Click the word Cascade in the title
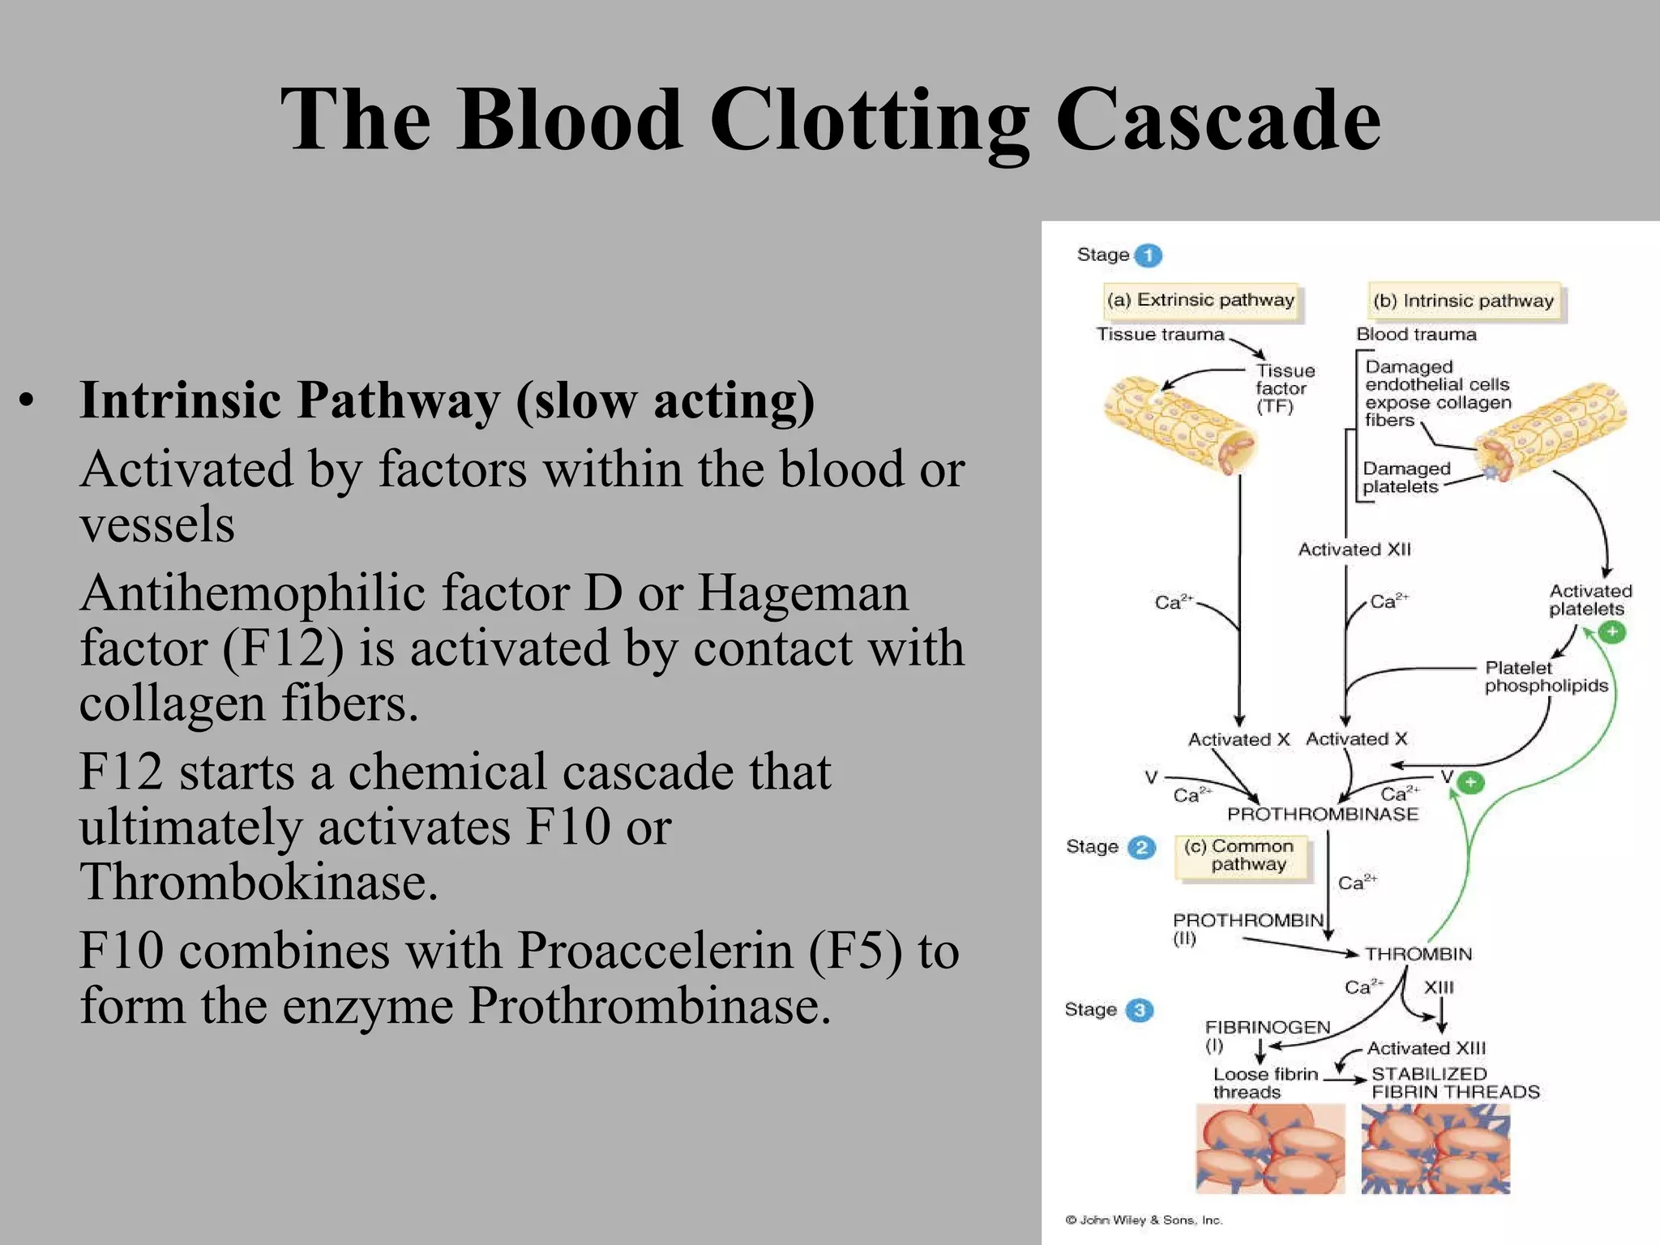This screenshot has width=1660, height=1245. (1217, 120)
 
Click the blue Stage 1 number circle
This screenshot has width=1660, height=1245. (1148, 255)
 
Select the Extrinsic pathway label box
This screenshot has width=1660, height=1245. (1201, 301)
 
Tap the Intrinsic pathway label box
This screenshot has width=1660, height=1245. (1464, 302)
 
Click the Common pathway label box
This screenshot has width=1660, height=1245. (1241, 856)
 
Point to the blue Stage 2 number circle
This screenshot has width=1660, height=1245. (1141, 848)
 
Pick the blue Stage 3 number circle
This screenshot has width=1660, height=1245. (1140, 1010)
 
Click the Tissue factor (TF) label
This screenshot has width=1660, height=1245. (1284, 388)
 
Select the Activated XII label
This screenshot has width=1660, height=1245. (1354, 550)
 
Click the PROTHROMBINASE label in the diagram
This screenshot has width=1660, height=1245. (1323, 814)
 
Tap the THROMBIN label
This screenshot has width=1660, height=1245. (1418, 954)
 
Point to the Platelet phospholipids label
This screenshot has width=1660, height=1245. (1545, 677)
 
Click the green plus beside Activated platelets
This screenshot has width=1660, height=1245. (1612, 631)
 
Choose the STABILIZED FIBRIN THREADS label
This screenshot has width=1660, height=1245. (1454, 1083)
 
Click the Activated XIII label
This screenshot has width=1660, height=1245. (1427, 1048)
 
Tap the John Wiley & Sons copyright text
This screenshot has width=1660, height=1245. (1144, 1220)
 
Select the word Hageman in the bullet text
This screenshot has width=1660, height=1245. (802, 593)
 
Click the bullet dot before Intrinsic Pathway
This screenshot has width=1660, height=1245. (28, 401)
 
